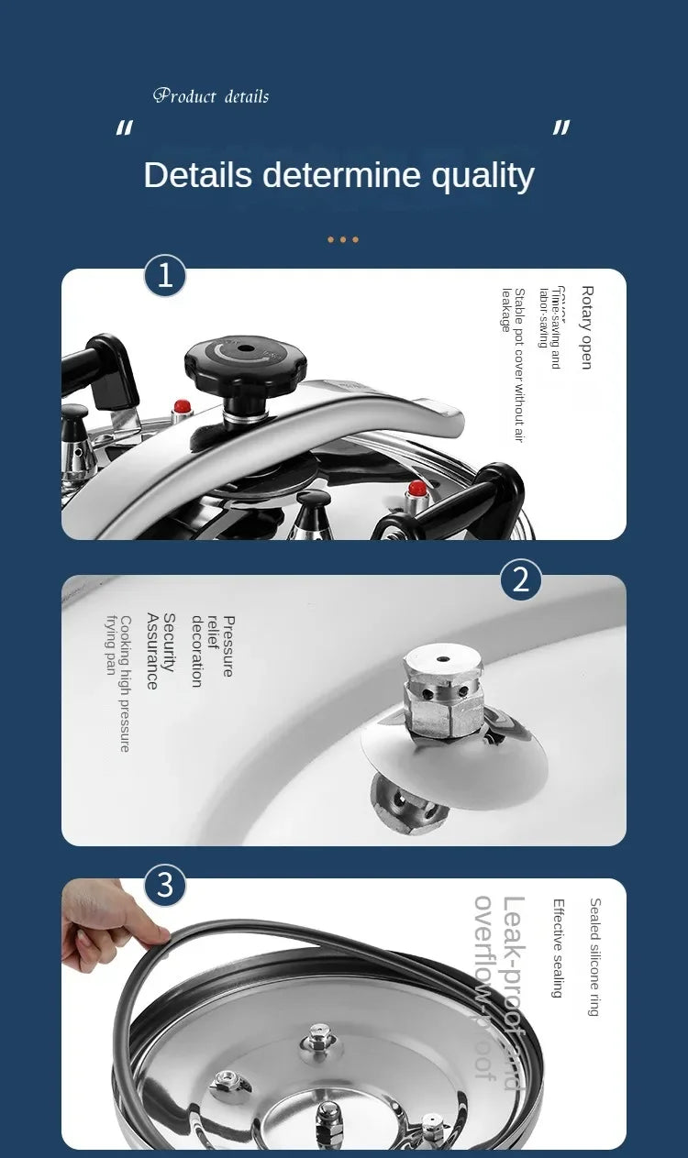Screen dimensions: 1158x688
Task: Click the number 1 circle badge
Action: pyautogui.click(x=165, y=276)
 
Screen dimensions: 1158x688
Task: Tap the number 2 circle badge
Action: pyautogui.click(x=521, y=580)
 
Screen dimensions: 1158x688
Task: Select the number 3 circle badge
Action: pyautogui.click(x=165, y=886)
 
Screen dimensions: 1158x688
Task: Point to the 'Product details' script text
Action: pyautogui.click(x=211, y=96)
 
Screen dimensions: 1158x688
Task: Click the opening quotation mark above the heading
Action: pyautogui.click(x=124, y=129)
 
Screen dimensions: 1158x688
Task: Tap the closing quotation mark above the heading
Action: pyautogui.click(x=561, y=129)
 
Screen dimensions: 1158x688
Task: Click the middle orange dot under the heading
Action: pyautogui.click(x=343, y=240)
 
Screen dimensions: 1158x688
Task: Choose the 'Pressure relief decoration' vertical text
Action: pyautogui.click(x=212, y=651)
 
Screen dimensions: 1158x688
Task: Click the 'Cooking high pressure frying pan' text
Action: pyautogui.click(x=118, y=683)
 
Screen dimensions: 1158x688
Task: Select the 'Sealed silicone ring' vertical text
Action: pyautogui.click(x=594, y=957)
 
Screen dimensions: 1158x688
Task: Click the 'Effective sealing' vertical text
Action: pyautogui.click(x=557, y=948)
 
